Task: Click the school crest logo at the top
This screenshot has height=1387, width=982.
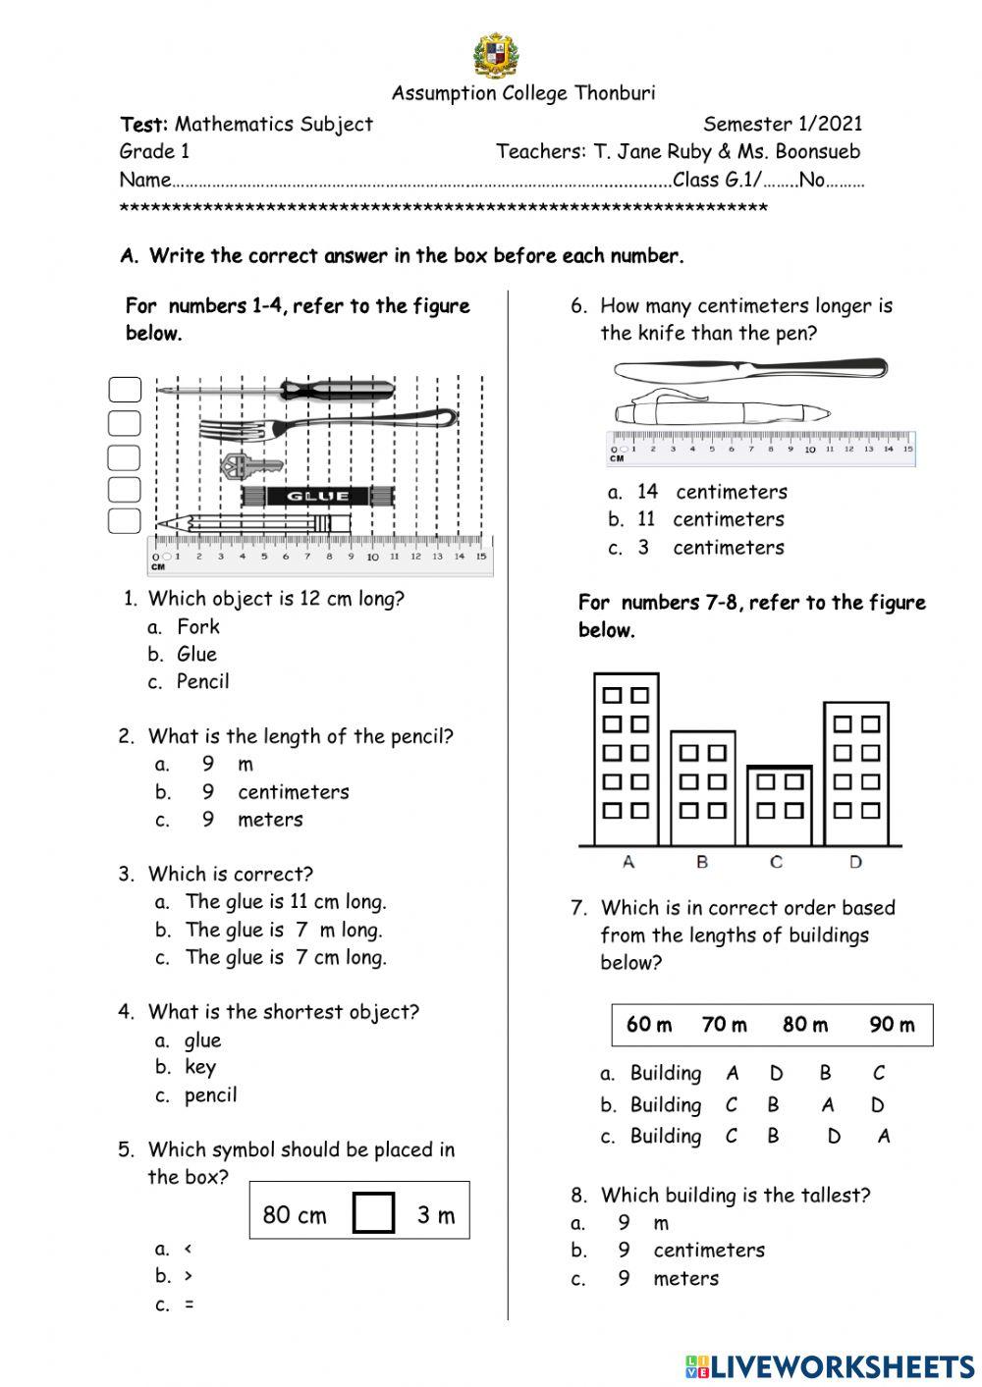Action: click(496, 56)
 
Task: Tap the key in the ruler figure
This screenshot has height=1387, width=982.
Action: click(250, 464)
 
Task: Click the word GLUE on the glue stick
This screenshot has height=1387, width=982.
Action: click(317, 496)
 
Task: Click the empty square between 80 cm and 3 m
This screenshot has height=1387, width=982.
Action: click(373, 1212)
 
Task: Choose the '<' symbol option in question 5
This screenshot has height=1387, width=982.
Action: click(188, 1249)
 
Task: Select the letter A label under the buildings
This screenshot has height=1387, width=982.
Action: click(628, 862)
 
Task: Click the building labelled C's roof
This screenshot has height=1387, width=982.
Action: click(780, 767)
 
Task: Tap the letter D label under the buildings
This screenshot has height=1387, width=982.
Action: click(855, 862)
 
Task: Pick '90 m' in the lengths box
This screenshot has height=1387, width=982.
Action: click(892, 1025)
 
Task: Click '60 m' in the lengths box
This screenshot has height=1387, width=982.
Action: click(649, 1025)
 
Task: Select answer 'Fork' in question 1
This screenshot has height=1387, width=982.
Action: click(197, 626)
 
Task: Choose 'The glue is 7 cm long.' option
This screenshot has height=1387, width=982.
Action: click(285, 957)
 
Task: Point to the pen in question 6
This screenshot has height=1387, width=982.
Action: click(722, 411)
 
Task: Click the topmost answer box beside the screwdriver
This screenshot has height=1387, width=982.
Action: click(125, 391)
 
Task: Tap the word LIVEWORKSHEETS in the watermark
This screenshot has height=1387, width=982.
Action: click(843, 1366)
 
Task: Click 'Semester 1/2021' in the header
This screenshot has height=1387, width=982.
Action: click(782, 124)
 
